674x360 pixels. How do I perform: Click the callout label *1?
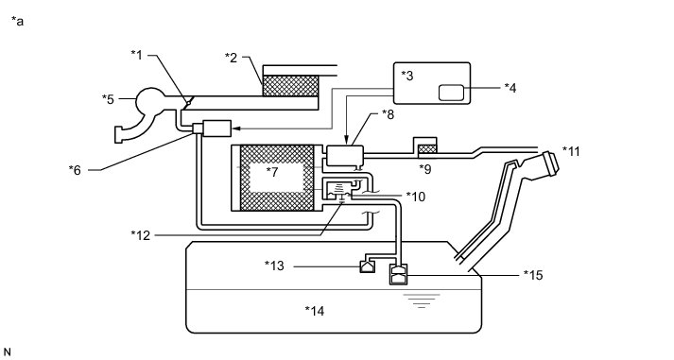(x=136, y=55)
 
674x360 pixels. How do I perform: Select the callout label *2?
(x=231, y=58)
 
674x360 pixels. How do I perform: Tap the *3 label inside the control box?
(x=407, y=76)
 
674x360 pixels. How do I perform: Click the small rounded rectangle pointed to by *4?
(x=451, y=93)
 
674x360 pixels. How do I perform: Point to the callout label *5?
(x=108, y=99)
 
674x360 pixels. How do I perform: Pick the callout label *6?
(x=75, y=170)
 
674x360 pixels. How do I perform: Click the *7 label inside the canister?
(x=272, y=172)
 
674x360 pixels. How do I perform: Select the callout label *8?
(x=388, y=114)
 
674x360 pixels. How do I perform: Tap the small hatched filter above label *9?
(x=427, y=148)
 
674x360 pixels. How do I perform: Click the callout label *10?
(x=416, y=197)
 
